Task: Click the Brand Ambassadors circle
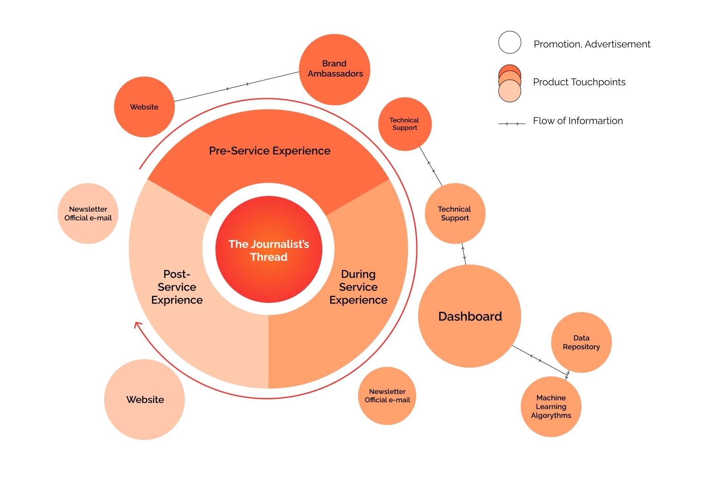pyautogui.click(x=335, y=69)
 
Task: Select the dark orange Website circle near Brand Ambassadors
pyautogui.click(x=144, y=107)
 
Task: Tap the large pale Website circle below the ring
pyautogui.click(x=145, y=399)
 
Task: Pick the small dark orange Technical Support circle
pyautogui.click(x=405, y=124)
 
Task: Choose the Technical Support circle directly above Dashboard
pyautogui.click(x=455, y=213)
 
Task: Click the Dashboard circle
pyautogui.click(x=470, y=316)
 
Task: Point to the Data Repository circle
pyautogui.click(x=581, y=342)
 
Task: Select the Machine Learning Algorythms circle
pyautogui.click(x=551, y=407)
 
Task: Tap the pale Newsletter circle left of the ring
pyautogui.click(x=88, y=213)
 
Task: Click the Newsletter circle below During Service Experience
pyautogui.click(x=387, y=396)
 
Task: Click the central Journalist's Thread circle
pyautogui.click(x=269, y=250)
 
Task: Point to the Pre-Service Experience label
pyautogui.click(x=270, y=151)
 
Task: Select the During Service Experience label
pyautogui.click(x=358, y=287)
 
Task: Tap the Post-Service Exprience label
pyautogui.click(x=177, y=287)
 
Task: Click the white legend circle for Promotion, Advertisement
pyautogui.click(x=509, y=43)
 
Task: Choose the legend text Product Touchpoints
pyautogui.click(x=579, y=82)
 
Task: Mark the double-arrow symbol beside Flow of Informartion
pyautogui.click(x=512, y=124)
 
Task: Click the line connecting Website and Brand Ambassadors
pyautogui.click(x=237, y=86)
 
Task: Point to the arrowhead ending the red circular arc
pyautogui.click(x=137, y=325)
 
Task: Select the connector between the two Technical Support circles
pyautogui.click(x=431, y=166)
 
